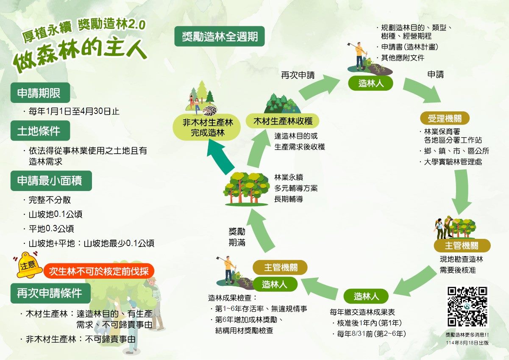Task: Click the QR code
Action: pyautogui.click(x=467, y=307)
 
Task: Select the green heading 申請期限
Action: pyautogui.click(x=40, y=93)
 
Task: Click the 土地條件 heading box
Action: pyautogui.click(x=40, y=130)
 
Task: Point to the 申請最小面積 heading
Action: pyautogui.click(x=51, y=181)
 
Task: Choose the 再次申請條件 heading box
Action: pyautogui.click(x=50, y=293)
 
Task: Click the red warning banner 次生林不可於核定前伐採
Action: pyautogui.click(x=99, y=271)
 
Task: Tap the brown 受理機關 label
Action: pyautogui.click(x=445, y=118)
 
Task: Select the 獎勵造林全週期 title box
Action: pyautogui.click(x=220, y=36)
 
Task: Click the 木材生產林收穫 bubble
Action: pyautogui.click(x=283, y=121)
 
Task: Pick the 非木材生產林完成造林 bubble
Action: pyautogui.click(x=208, y=127)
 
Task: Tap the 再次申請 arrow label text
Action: pyautogui.click(x=298, y=75)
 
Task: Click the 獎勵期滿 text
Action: pyautogui.click(x=237, y=237)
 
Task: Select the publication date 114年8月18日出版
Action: pyautogui.click(x=467, y=343)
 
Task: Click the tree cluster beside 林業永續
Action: pyautogui.click(x=247, y=189)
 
